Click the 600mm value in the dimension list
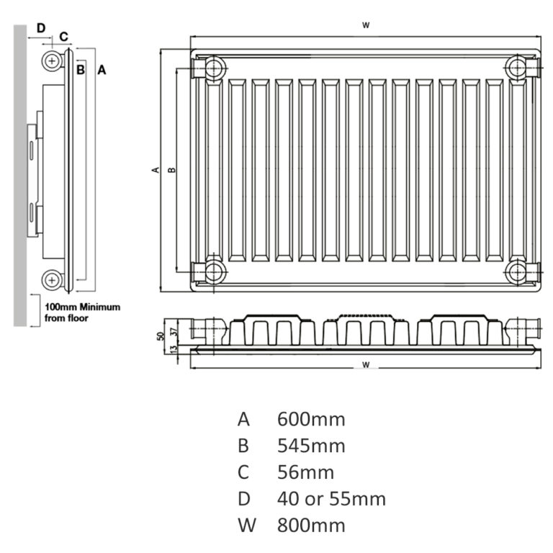point(311,419)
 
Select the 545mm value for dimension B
point(311,446)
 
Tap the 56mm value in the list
point(305,472)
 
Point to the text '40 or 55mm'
point(331,499)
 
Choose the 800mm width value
point(311,525)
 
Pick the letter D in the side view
point(41,27)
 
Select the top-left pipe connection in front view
point(215,68)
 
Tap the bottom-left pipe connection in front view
point(215,271)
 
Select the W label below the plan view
point(366,365)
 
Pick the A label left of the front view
point(155,170)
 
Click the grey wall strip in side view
point(20,173)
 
